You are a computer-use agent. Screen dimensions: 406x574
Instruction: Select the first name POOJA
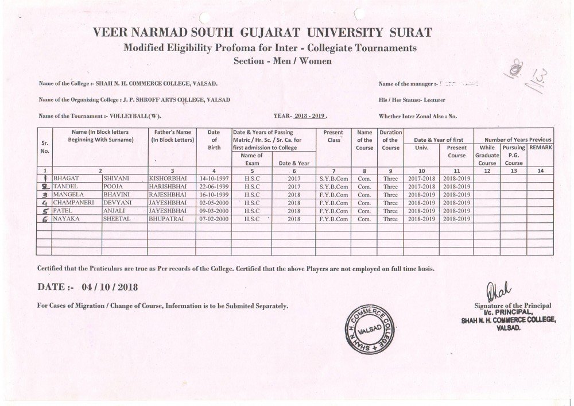[x=113, y=187]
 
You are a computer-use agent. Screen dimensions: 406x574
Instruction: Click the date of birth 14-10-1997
[x=214, y=179]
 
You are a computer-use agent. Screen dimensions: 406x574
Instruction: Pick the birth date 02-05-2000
[x=214, y=203]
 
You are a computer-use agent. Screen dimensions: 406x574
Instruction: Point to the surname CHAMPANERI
[x=75, y=203]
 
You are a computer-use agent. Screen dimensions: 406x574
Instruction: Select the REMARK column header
[x=540, y=148]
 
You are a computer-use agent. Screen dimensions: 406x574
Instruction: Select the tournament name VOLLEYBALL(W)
[x=132, y=116]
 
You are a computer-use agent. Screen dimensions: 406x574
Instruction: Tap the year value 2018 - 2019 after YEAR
[x=309, y=116]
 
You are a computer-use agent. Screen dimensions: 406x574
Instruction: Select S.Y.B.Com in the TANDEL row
[x=333, y=187]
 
